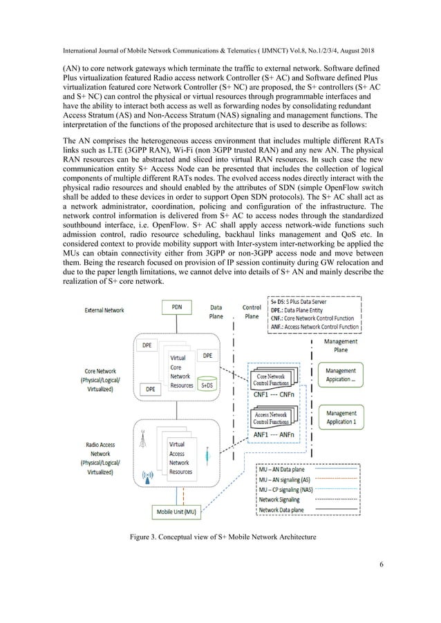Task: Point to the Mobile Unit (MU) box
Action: click(x=176, y=512)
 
